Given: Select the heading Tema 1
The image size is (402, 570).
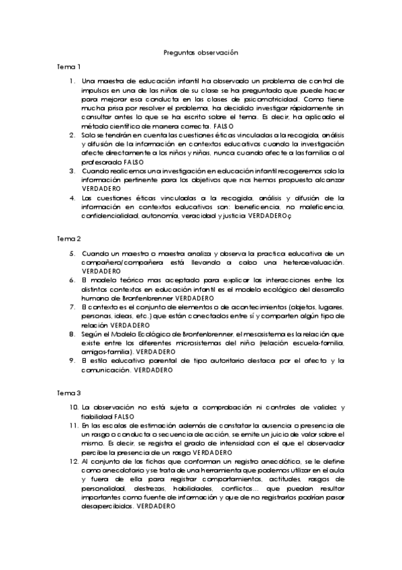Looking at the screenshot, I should (x=69, y=67).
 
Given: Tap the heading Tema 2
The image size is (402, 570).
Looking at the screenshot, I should (x=69, y=239).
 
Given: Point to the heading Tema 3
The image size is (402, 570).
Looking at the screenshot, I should (x=69, y=392).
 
